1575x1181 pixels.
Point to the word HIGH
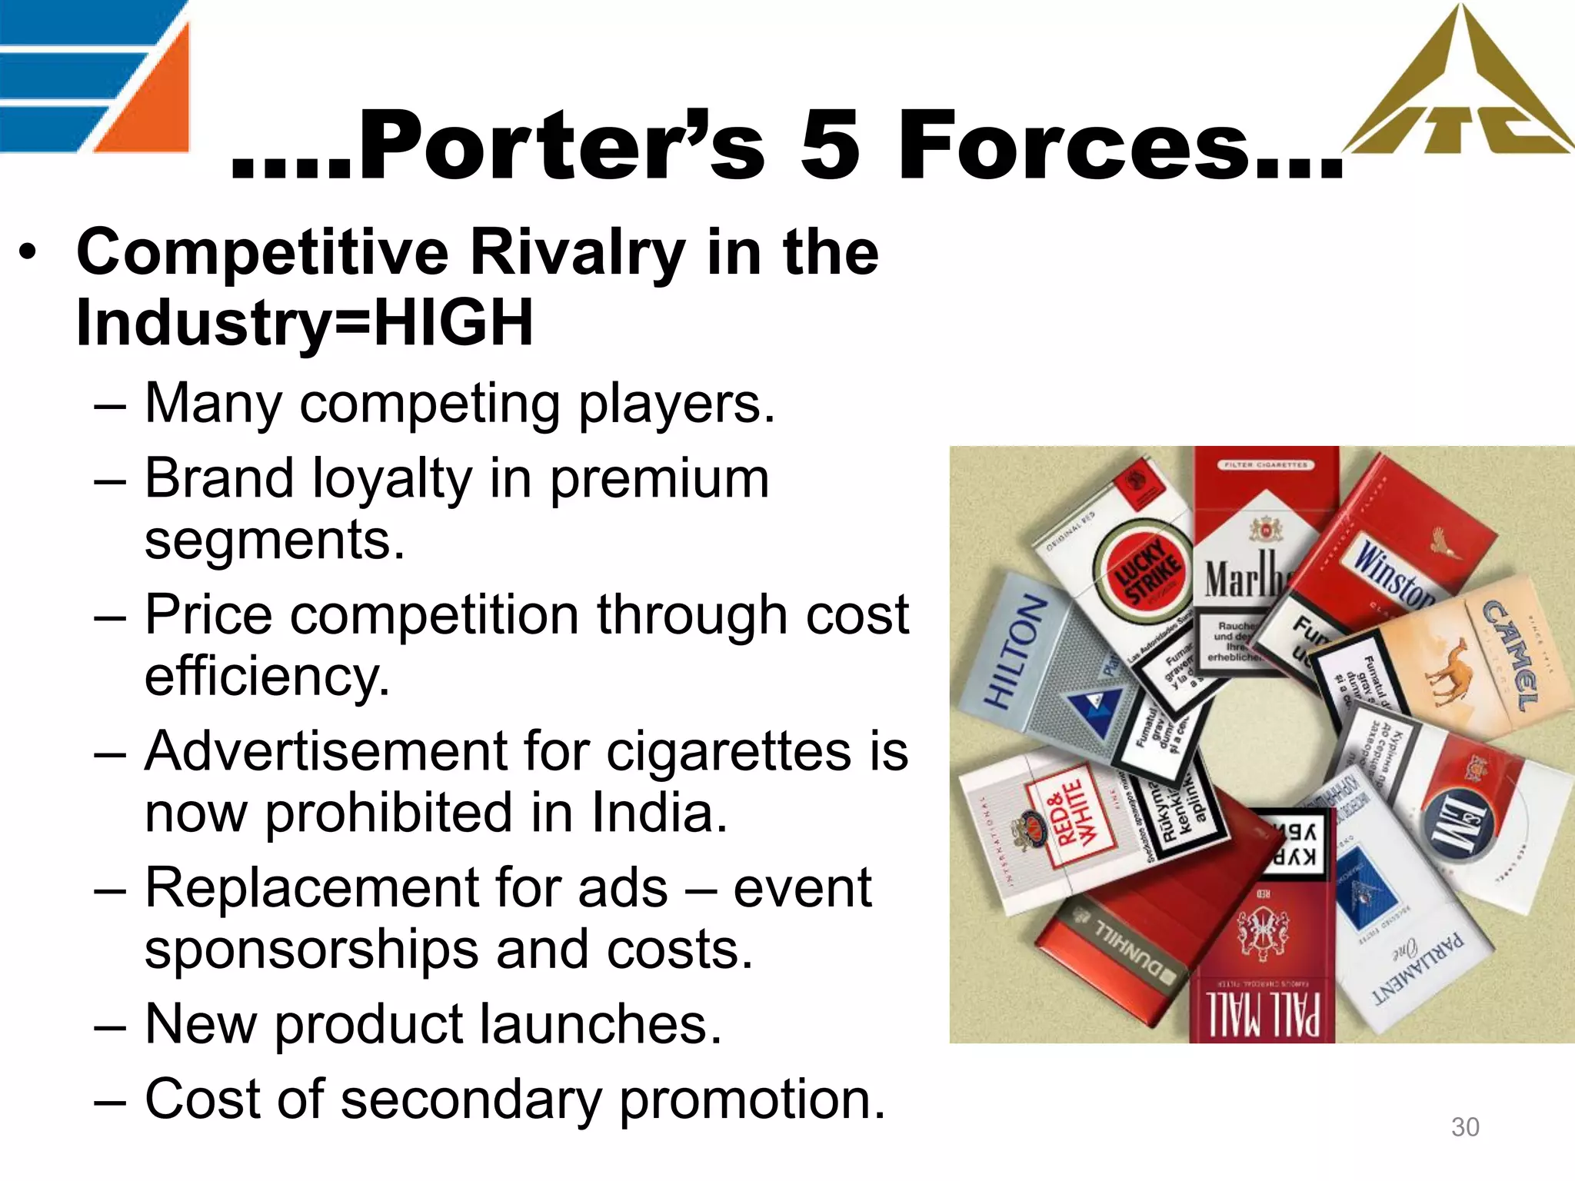(x=453, y=323)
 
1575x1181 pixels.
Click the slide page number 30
(x=1464, y=1127)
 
